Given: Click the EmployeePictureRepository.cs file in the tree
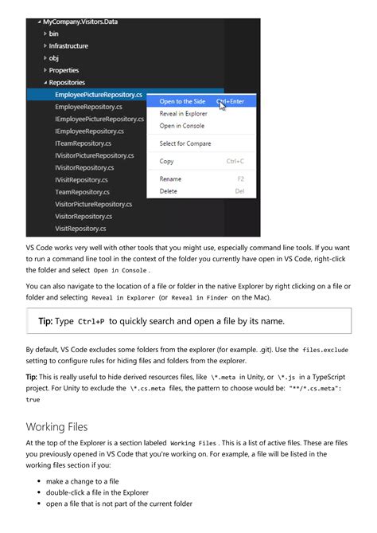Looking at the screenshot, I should point(98,94).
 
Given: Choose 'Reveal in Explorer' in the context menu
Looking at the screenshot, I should point(184,114).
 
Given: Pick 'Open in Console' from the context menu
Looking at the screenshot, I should point(181,126).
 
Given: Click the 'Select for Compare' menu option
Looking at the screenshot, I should point(185,143).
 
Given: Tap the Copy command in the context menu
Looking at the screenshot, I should point(167,161).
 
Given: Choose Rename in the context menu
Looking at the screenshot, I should point(170,179).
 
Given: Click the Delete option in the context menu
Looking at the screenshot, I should point(169,191).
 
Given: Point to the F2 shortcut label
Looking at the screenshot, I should point(240,179).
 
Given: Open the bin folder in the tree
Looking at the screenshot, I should point(54,33).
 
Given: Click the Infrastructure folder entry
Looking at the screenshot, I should point(68,46).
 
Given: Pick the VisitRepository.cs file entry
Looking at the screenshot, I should point(80,229).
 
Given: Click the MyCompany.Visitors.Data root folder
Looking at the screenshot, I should point(80,22).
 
